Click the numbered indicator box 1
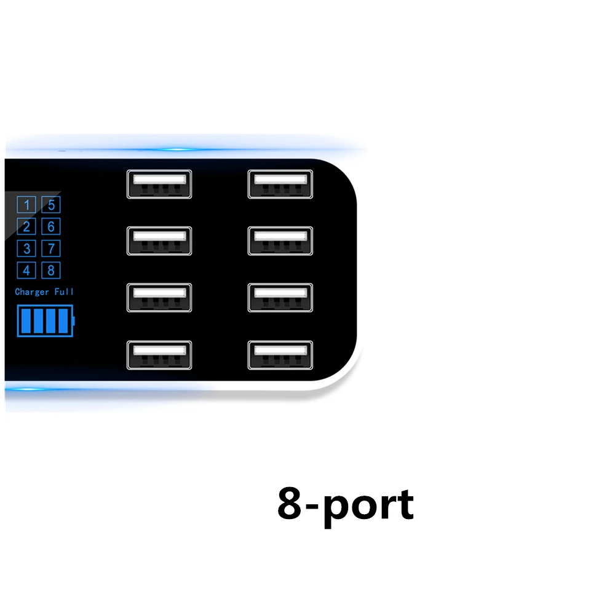[26, 205]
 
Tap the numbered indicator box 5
[51, 205]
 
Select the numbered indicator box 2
[26, 227]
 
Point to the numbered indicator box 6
[51, 227]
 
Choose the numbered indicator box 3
[26, 248]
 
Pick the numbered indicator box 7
[51, 248]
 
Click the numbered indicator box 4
[26, 270]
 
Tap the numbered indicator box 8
[51, 270]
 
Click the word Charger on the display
[32, 292]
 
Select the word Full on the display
[65, 292]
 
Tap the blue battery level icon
[45, 321]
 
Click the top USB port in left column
[159, 184]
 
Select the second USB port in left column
[159, 241]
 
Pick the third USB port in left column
[159, 298]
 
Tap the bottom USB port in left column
[159, 355]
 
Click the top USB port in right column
[280, 184]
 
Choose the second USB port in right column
[280, 241]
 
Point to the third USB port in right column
[280, 298]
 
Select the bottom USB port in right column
[280, 355]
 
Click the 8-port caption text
[346, 505]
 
